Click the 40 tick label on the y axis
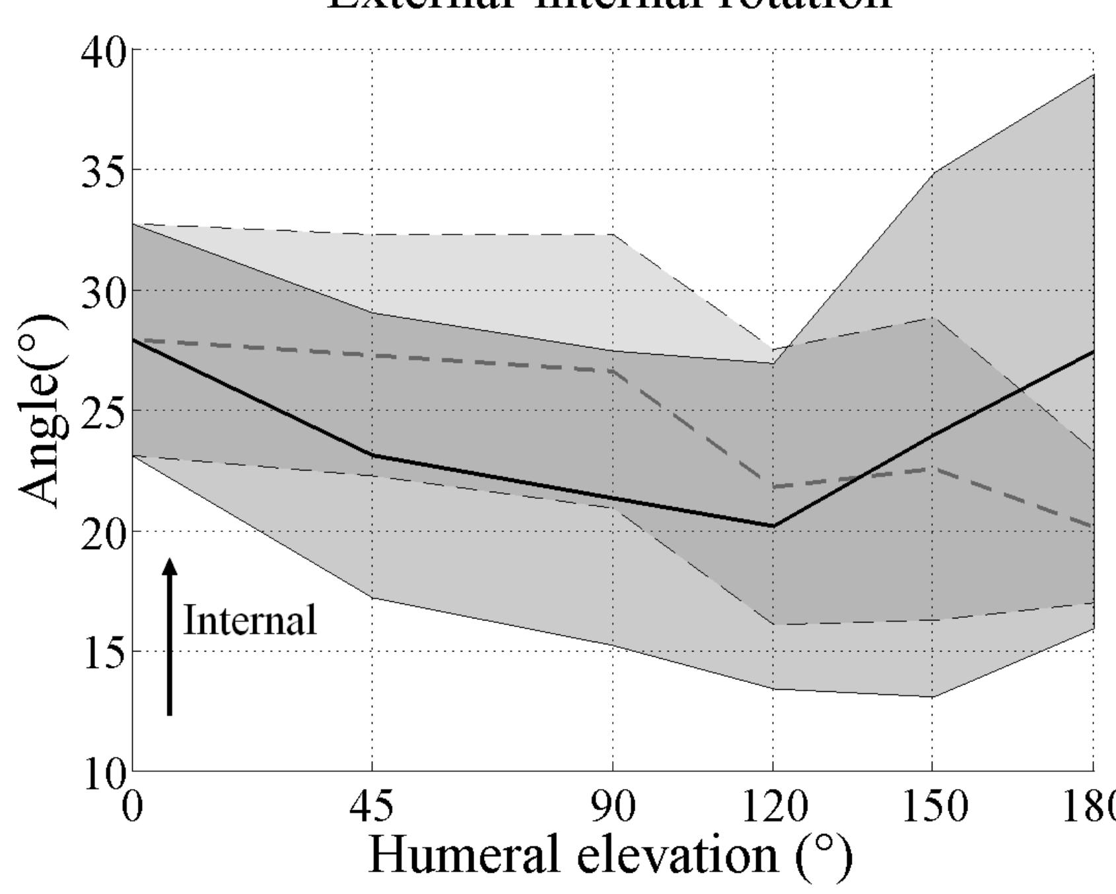click(102, 52)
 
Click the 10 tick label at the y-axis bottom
click(103, 772)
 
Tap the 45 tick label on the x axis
click(372, 807)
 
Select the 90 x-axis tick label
click(613, 807)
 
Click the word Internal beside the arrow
click(250, 620)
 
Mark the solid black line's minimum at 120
click(773, 526)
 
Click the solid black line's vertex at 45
click(372, 455)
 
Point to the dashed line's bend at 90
click(613, 371)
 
